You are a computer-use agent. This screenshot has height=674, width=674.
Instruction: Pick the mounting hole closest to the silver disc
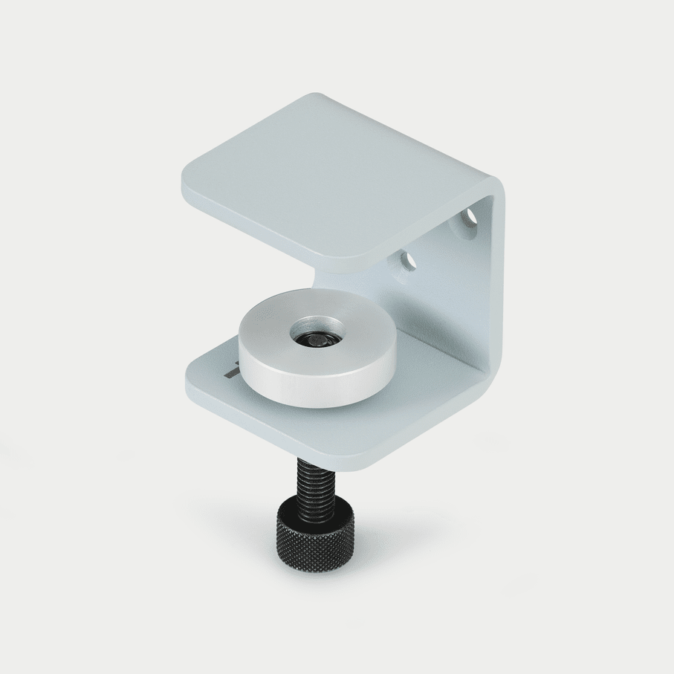tap(407, 260)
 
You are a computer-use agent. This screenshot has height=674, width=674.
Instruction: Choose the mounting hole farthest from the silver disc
tap(470, 217)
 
